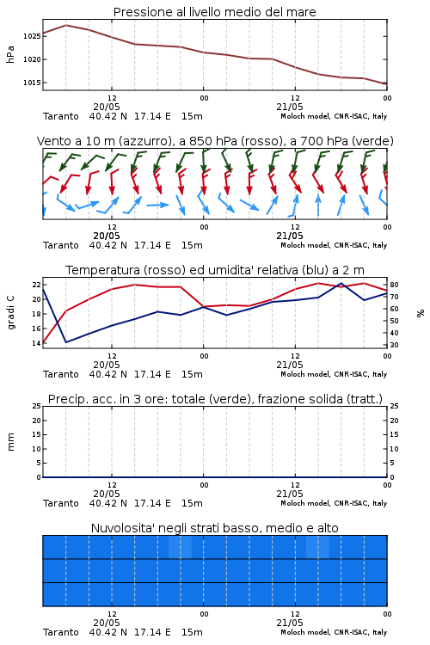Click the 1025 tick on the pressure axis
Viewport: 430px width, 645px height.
click(32, 36)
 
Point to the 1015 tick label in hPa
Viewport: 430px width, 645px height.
click(32, 83)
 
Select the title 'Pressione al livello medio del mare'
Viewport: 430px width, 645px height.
click(215, 12)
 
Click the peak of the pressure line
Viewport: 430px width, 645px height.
click(66, 25)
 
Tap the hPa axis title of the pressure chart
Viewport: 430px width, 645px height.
click(10, 54)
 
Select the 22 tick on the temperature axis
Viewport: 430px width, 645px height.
click(36, 285)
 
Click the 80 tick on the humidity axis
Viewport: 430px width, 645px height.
click(394, 285)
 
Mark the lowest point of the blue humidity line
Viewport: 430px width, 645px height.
click(66, 342)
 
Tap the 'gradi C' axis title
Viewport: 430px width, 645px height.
click(11, 313)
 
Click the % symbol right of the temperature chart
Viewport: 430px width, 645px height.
click(421, 313)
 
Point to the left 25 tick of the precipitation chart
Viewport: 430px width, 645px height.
click(37, 406)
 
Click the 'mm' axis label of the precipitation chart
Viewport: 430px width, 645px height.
click(10, 442)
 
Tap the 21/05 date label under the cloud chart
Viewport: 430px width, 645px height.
click(290, 623)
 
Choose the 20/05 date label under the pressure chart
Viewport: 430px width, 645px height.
click(107, 107)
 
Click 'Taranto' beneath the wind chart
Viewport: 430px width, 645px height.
click(61, 245)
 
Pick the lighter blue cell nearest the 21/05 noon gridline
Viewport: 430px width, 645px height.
click(317, 547)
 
